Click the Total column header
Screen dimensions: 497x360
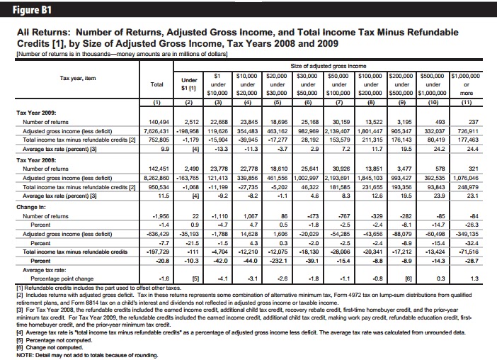[157, 84]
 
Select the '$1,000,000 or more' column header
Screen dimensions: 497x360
[466, 84]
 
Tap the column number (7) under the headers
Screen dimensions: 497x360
[339, 103]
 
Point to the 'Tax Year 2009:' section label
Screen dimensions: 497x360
[36, 113]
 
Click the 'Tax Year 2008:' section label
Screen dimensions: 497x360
[36, 160]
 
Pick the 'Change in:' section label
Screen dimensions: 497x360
[31, 207]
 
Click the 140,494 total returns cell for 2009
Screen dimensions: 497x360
[159, 122]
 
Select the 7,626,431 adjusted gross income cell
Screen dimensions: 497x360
[156, 131]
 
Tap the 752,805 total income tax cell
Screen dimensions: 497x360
[159, 140]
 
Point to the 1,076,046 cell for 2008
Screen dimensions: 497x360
[466, 178]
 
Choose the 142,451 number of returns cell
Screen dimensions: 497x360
[159, 169]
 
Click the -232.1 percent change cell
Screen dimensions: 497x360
[279, 261]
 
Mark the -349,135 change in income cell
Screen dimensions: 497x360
[467, 234]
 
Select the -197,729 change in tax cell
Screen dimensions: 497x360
[158, 252]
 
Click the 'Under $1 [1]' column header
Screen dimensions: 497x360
[189, 84]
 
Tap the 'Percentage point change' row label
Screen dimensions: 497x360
[62, 279]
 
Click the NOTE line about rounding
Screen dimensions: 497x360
[87, 355]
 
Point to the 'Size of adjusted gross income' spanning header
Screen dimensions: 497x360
[329, 66]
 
